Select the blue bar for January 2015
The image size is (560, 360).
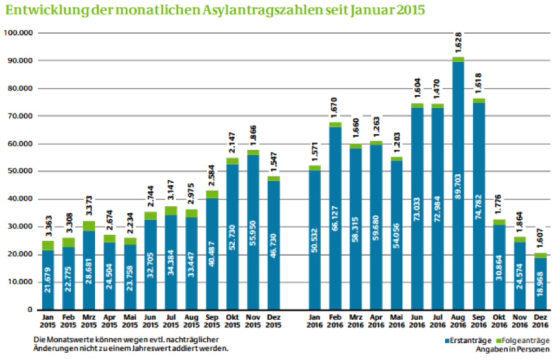coord(48,280)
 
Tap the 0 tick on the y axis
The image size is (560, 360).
coord(29,310)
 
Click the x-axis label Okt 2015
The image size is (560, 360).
coord(232,321)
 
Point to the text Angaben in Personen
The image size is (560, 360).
coord(512,349)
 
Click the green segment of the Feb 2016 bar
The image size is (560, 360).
coord(336,124)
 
